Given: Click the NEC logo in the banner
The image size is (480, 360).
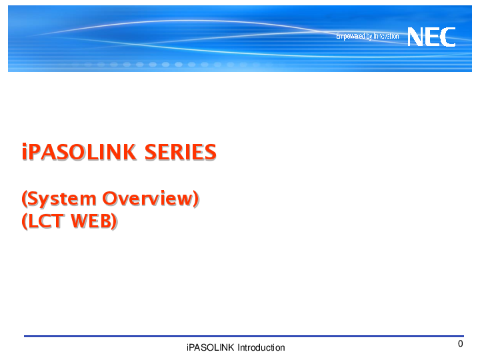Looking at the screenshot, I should [x=431, y=36].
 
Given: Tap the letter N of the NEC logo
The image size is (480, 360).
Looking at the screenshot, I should [x=415, y=36].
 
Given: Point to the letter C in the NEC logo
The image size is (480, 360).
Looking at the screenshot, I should [x=448, y=36].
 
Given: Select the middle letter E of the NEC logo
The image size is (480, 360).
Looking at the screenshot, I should [x=432, y=36].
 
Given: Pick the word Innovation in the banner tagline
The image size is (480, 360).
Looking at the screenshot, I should [x=386, y=36].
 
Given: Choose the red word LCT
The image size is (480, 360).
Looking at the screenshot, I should [x=47, y=222].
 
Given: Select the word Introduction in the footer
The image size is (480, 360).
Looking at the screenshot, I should [x=261, y=347].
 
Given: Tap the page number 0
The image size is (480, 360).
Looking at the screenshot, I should [x=460, y=344].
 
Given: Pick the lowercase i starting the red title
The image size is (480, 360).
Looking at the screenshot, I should [x=25, y=152].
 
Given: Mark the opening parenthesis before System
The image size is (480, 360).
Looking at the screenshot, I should [x=25, y=199].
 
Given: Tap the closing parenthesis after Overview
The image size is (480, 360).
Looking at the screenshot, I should [x=196, y=199].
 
